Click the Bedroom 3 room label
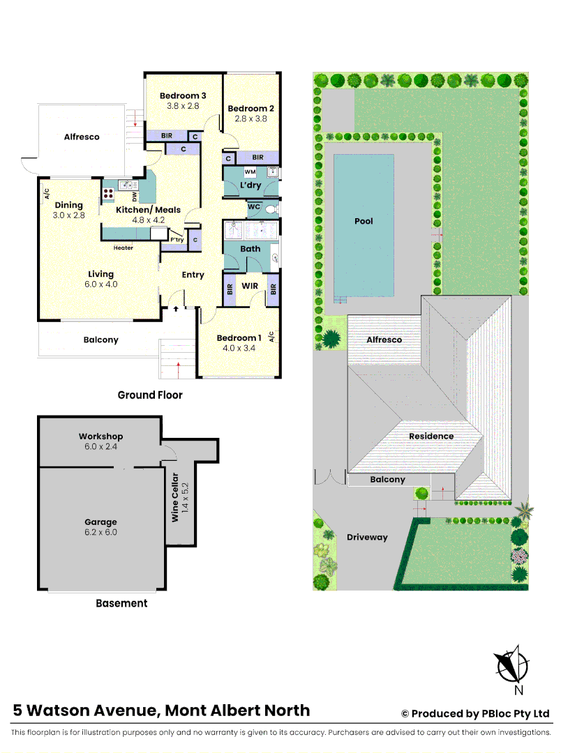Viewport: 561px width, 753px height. [183, 96]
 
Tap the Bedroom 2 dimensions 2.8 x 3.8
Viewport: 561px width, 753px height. [250, 119]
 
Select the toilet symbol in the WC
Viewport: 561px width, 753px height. [273, 207]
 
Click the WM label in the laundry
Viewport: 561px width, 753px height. [249, 171]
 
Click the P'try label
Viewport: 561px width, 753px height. [177, 239]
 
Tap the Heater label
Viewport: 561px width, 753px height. [123, 248]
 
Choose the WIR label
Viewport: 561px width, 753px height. [250, 286]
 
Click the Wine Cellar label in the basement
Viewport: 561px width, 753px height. [176, 496]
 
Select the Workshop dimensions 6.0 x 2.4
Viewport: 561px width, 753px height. [100, 447]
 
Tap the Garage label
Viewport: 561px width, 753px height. [100, 522]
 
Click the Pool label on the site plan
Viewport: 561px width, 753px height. [364, 221]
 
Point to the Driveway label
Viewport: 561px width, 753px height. [367, 537]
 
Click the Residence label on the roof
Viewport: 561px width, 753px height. [431, 436]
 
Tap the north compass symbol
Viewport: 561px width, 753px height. [511, 664]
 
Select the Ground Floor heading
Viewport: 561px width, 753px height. [150, 395]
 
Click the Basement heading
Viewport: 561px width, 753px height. [121, 603]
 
